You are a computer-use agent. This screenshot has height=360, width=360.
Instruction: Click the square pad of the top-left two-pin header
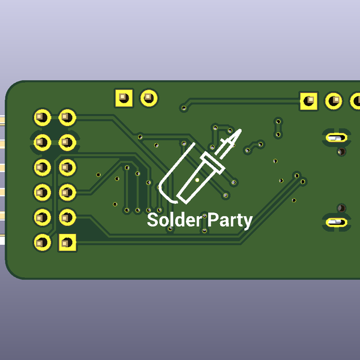click(124, 97)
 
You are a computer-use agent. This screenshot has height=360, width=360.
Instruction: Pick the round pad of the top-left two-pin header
click(148, 97)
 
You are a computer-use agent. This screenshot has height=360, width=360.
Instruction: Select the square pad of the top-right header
click(309, 100)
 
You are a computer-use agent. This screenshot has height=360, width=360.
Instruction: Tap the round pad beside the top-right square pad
click(334, 101)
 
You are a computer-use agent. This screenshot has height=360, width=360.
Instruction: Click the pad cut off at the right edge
click(355, 101)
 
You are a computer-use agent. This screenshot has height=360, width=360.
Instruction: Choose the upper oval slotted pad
click(337, 137)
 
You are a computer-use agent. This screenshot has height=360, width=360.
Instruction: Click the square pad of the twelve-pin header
click(67, 242)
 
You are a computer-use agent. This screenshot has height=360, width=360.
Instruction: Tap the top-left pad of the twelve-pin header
click(42, 116)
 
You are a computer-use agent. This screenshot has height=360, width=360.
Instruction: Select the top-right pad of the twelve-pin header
click(67, 116)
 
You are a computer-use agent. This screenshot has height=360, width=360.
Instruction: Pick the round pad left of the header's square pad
click(42, 242)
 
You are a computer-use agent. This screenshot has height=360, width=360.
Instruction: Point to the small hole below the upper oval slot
click(341, 152)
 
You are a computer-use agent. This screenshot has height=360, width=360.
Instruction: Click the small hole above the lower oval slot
click(341, 208)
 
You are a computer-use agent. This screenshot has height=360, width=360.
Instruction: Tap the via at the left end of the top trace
click(184, 108)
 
